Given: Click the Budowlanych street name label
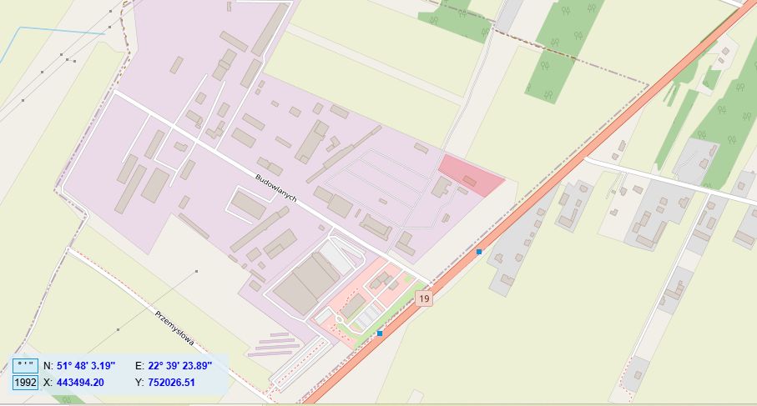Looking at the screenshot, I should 278,188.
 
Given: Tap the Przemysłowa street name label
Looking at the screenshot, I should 174,328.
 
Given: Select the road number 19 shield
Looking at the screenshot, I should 425,298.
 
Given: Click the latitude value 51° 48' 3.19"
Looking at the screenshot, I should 90,366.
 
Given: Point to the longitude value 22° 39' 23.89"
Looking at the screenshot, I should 181,366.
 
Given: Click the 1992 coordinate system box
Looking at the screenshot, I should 26,383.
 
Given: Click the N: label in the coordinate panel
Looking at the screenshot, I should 48,366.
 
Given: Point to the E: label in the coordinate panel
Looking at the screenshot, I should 139,366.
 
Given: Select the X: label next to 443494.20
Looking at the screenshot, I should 48,383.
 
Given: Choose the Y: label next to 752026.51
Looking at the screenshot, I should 139,383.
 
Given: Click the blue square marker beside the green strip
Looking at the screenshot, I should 380,333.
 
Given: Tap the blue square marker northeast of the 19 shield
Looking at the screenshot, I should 479,251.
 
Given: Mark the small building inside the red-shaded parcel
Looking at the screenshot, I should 470,180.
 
